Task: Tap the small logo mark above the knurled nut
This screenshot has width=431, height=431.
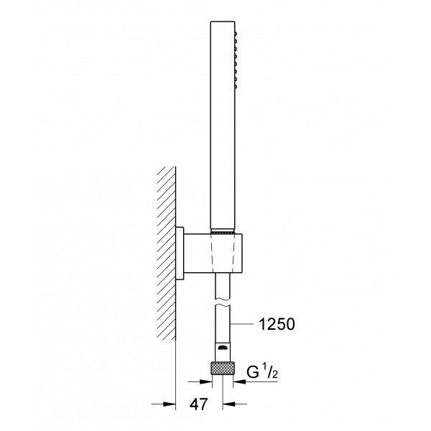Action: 223,350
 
